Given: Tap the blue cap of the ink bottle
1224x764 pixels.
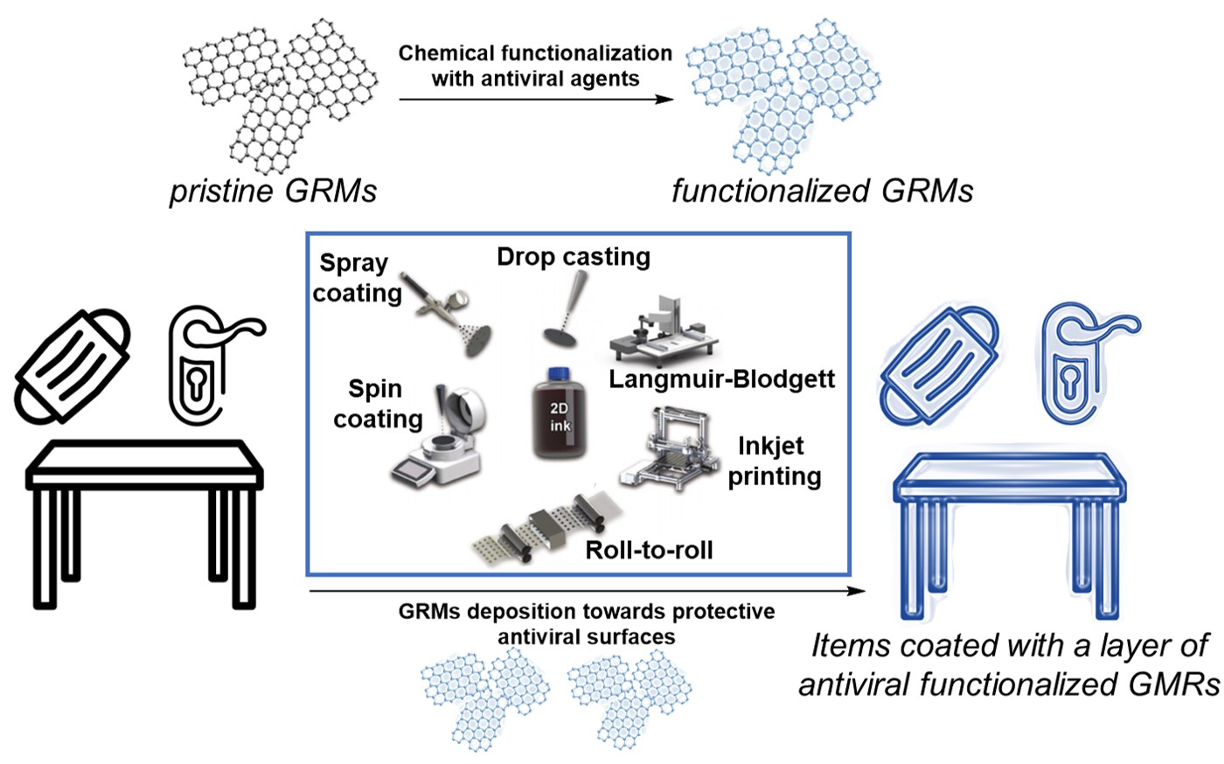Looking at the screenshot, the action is pos(559,374).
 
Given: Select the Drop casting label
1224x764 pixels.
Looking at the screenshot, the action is pos(574,257).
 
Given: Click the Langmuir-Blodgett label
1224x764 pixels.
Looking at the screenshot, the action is pos(722,379).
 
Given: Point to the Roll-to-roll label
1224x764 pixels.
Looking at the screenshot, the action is pos(649,551).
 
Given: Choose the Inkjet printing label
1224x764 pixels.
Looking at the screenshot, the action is pos(775,461).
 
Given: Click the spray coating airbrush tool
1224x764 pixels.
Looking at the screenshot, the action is pos(447,313).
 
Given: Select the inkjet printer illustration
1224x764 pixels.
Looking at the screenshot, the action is pos(669,449).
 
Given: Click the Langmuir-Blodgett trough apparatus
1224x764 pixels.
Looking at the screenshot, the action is pos(664,331).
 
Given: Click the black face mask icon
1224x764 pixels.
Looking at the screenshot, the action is pos(73,366).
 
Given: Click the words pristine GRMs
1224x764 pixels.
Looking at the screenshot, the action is pos(273,191).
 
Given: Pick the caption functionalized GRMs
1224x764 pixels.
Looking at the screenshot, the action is pos(823,191).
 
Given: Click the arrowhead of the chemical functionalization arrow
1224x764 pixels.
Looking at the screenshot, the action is pos(664,100).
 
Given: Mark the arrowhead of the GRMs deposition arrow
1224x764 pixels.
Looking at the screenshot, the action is pos(856,591).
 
